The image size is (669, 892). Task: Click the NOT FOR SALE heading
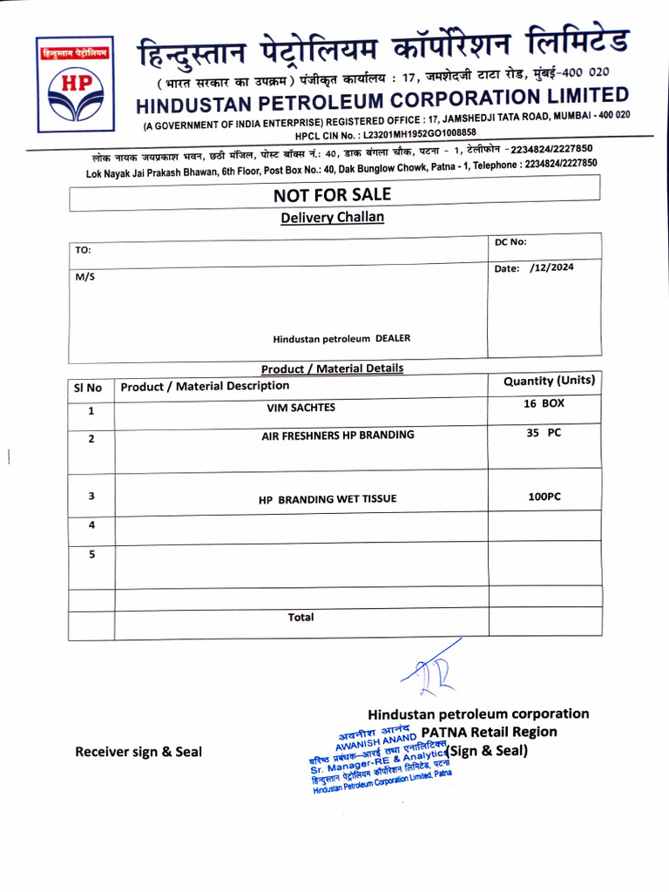[332, 194]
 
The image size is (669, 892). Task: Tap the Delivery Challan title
[332, 217]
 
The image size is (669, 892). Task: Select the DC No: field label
[510, 242]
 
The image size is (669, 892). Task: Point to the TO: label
[83, 250]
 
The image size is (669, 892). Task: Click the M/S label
[85, 276]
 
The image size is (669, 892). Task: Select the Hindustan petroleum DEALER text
[341, 338]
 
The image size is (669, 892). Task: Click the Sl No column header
[88, 388]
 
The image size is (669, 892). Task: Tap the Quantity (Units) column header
[549, 381]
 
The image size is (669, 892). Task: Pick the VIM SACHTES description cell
[301, 407]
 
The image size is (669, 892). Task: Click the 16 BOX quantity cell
[544, 404]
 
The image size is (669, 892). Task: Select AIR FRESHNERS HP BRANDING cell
[338, 435]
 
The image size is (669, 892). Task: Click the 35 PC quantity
[544, 433]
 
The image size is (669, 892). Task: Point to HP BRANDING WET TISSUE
[328, 499]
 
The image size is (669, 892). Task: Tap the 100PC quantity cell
[544, 496]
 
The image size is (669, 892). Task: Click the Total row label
[301, 617]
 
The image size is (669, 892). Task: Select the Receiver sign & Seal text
[139, 752]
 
